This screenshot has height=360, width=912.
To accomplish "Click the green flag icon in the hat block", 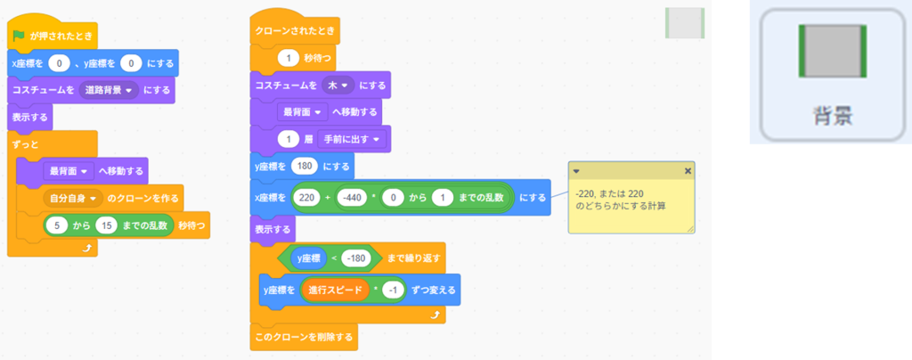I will click(x=19, y=37).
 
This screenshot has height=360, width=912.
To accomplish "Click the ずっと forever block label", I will click(x=25, y=143).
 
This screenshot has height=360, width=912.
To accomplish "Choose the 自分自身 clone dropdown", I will click(x=75, y=198).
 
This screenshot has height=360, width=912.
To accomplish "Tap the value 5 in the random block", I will click(x=56, y=225).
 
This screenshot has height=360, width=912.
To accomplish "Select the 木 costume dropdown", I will click(x=339, y=85).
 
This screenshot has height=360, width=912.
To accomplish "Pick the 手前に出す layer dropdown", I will click(x=354, y=139).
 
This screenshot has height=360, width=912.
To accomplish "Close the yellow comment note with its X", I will click(x=687, y=170).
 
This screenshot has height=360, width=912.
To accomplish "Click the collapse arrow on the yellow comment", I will click(x=576, y=170).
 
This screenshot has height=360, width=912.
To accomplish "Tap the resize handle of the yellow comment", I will click(x=689, y=229).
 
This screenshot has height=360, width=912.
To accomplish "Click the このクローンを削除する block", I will click(x=303, y=337).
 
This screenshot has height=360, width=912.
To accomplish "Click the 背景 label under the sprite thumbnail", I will click(x=834, y=118).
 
